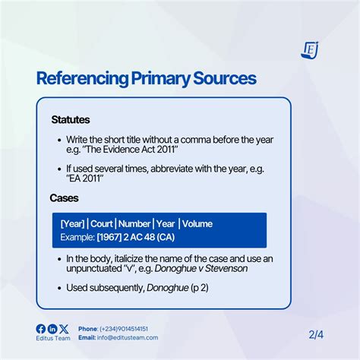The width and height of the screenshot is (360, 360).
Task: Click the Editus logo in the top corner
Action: tap(309, 49)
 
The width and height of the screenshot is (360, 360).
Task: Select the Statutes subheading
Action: tap(71, 120)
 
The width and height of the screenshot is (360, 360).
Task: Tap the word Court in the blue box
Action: tap(103, 223)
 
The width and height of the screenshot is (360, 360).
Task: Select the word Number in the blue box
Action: tap(134, 223)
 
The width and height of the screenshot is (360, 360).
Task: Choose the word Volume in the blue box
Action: tap(197, 223)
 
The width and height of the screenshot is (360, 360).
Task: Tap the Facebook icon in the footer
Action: tap(41, 328)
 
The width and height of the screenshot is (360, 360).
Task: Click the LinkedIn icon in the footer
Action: tap(52, 328)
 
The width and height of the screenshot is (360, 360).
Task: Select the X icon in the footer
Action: tap(64, 328)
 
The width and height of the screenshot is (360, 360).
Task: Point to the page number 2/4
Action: tap(316, 333)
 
